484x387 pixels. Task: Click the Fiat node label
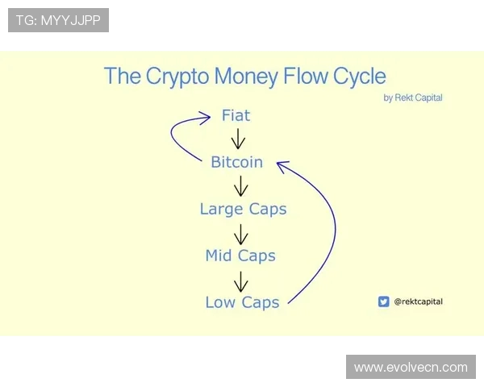(236, 115)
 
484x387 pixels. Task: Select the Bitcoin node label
(236, 162)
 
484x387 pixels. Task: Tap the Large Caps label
(243, 209)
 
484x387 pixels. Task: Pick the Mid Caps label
(240, 256)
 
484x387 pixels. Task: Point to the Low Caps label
(242, 302)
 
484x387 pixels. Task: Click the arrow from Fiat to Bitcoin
(238, 139)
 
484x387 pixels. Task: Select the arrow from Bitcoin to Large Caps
(240, 186)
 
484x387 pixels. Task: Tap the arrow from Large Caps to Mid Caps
(240, 233)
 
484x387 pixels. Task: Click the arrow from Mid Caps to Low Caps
(240, 280)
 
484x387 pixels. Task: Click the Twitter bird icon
(383, 302)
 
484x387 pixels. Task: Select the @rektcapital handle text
(418, 302)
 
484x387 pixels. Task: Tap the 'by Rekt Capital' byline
(413, 98)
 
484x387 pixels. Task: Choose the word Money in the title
(252, 77)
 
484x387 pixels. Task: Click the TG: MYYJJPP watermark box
(58, 20)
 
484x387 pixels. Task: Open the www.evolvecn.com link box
(411, 367)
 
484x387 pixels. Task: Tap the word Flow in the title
(307, 77)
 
